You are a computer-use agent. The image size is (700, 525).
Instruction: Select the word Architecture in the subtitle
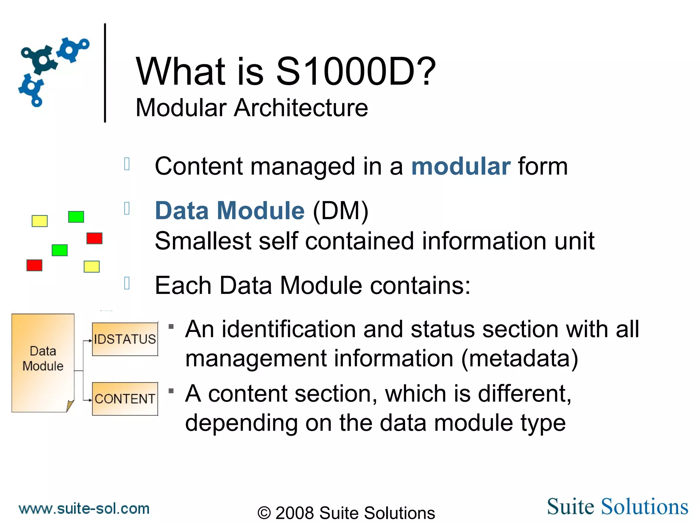pos(301,108)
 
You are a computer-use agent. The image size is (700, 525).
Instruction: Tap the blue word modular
pos(461,166)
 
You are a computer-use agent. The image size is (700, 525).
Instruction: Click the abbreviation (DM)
pos(340,211)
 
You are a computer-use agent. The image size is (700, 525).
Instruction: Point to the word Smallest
pos(203,241)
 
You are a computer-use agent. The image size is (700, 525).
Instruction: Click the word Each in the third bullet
pos(183,285)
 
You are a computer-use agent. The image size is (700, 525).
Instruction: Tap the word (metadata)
pos(520,359)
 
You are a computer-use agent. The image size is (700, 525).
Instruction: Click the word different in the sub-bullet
pos(525,394)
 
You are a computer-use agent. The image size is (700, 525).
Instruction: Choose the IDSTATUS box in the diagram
pos(125,339)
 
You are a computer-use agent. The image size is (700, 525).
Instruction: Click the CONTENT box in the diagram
pos(125,399)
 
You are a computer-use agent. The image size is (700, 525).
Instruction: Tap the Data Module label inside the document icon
pos(43,359)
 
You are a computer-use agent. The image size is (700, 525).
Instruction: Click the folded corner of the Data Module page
pos(70,406)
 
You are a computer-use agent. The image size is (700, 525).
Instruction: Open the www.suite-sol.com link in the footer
pos(84,509)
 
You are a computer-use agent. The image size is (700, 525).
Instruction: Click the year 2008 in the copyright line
pos(294,513)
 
